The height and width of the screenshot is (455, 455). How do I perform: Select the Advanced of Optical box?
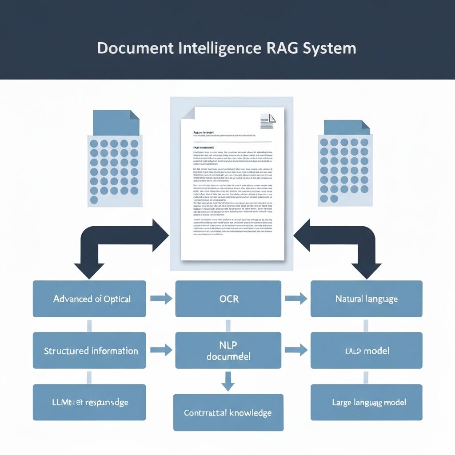tap(89, 299)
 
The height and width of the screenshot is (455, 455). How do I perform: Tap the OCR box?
tap(228, 299)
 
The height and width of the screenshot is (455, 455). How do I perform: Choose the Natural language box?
tap(366, 299)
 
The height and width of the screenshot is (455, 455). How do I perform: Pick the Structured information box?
tap(89, 351)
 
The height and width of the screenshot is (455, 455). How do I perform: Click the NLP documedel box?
tap(228, 351)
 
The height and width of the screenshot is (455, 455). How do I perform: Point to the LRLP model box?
tap(366, 351)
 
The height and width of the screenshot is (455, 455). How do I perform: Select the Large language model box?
tap(366, 403)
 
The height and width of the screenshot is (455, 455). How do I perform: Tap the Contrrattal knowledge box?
tap(228, 412)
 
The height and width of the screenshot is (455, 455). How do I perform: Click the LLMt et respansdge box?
tap(89, 403)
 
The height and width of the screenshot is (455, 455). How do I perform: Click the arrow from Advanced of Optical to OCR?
tap(161, 299)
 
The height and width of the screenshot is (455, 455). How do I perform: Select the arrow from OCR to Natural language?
tap(296, 299)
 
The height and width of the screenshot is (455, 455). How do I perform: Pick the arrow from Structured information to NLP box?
tap(161, 351)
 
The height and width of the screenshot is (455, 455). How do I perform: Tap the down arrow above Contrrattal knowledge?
tap(228, 381)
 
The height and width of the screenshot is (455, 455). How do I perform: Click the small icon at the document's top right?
tap(267, 121)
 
